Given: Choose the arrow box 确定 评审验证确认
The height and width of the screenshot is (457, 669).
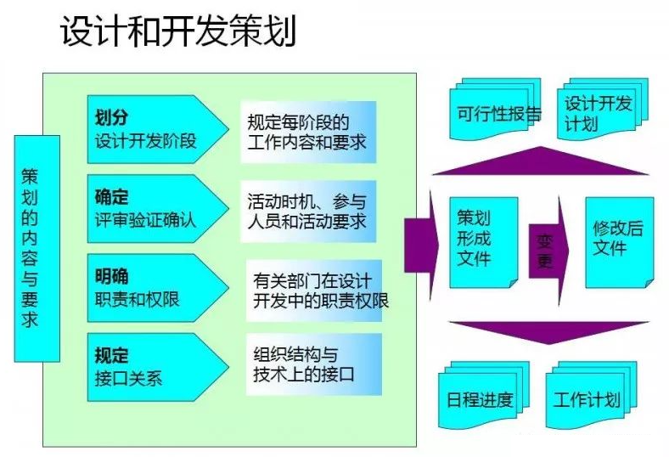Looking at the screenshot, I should pos(154,208).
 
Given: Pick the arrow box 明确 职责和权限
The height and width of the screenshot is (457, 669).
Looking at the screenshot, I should pos(154,287).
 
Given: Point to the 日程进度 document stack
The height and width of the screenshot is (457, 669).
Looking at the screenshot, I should pos(481,398).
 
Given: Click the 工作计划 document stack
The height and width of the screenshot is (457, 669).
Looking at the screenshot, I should pos(587,398).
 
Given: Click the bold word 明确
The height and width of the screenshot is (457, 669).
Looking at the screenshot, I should pos(112,277).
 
